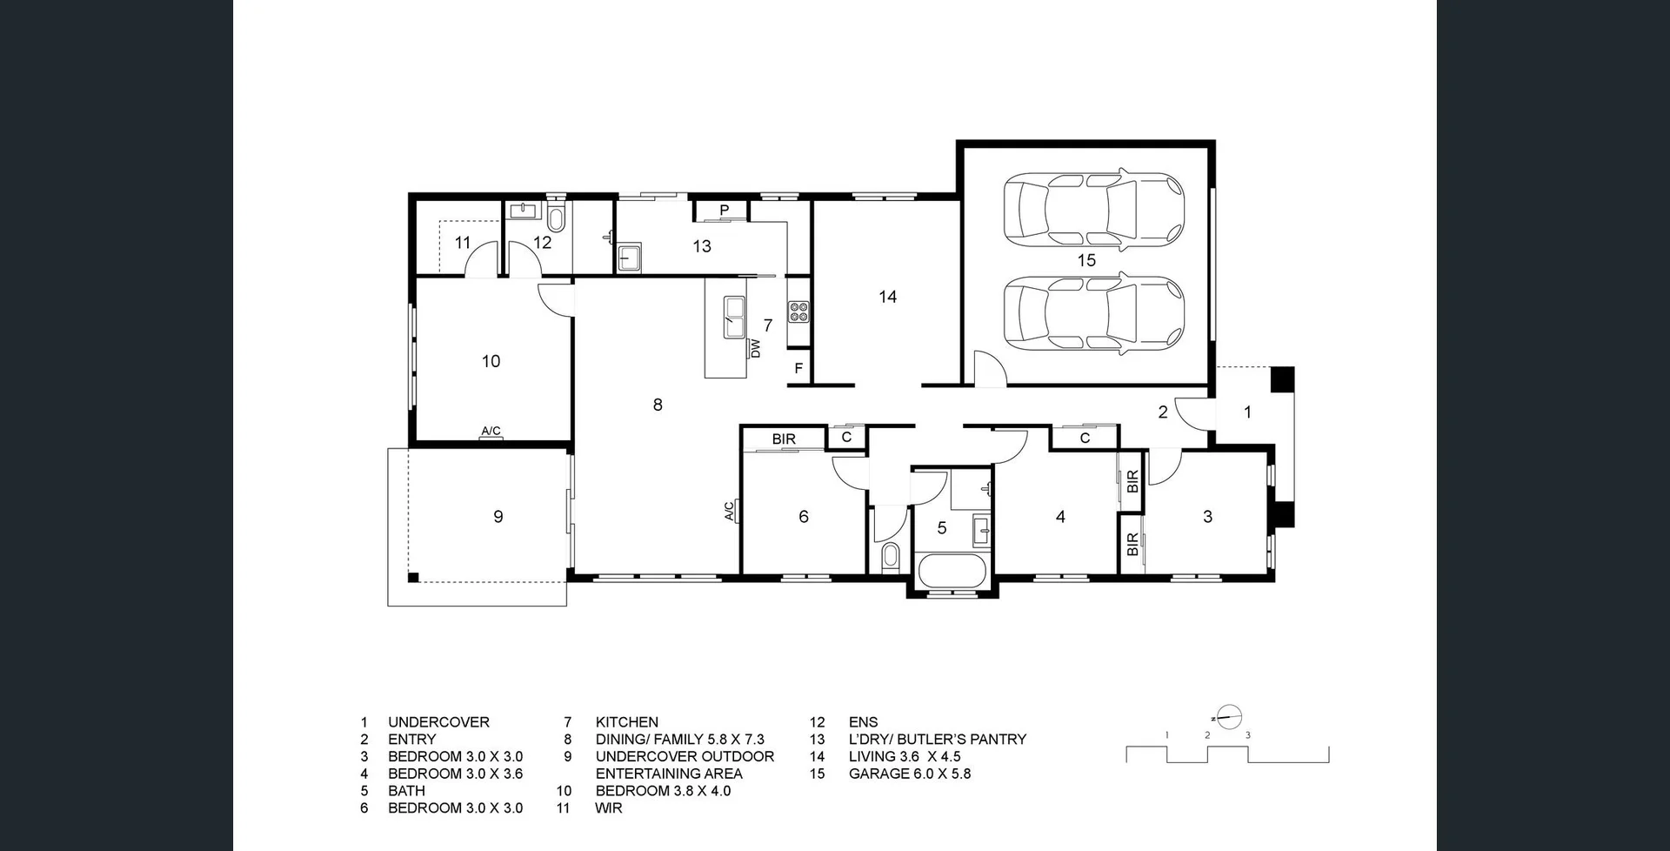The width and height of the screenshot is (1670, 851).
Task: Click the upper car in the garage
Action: (x=1093, y=210)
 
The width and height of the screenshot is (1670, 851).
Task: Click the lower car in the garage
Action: (x=1093, y=314)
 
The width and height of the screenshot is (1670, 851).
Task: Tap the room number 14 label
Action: (x=887, y=297)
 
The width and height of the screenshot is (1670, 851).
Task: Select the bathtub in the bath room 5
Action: (x=952, y=572)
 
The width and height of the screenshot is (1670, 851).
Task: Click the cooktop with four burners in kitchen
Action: (x=798, y=312)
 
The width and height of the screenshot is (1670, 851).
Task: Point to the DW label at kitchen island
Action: (x=755, y=349)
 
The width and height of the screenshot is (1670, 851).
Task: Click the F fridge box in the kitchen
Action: (x=798, y=369)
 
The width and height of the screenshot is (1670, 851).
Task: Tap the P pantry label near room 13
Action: (x=724, y=211)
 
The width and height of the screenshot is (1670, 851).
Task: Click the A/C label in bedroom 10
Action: (x=491, y=431)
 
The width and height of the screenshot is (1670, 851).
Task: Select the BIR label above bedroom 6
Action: (x=784, y=439)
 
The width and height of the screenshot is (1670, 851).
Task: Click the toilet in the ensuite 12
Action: (x=557, y=218)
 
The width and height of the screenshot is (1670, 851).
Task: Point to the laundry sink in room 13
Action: (x=628, y=258)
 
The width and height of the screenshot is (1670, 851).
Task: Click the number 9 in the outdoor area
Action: (x=498, y=517)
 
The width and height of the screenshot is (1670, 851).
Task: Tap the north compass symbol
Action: (x=1228, y=718)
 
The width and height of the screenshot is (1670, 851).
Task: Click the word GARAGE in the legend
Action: (x=878, y=774)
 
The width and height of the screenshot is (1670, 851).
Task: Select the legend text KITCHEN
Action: (x=626, y=722)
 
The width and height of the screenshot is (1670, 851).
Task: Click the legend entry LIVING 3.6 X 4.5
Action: (x=905, y=756)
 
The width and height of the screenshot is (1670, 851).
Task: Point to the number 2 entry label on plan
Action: (x=1163, y=412)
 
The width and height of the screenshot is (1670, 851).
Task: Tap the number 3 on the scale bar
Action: (x=1248, y=735)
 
